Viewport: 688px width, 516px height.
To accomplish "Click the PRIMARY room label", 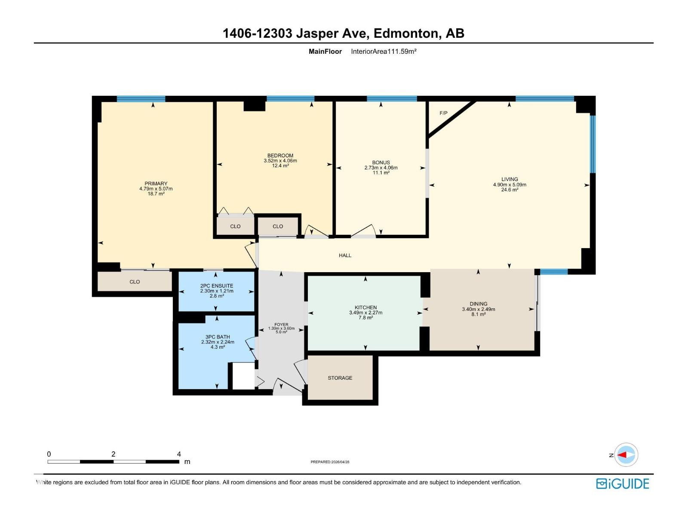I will point(156,184).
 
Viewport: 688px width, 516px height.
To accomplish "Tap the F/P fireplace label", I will point(443,113).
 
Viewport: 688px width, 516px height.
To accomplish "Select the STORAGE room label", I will point(340,378).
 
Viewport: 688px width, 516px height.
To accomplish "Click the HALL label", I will point(345,255).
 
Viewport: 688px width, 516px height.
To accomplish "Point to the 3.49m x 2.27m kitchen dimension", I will point(365,313).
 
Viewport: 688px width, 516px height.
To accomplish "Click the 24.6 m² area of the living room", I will point(510,190).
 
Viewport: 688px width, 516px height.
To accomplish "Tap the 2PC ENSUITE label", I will point(217,286).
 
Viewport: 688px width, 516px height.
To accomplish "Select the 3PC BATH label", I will point(218,337).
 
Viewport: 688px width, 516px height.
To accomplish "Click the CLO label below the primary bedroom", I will point(135,282).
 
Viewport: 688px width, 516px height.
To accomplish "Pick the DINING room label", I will point(478,304).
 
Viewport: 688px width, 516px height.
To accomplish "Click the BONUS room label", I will point(381,163).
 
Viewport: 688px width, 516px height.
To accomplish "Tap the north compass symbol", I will point(626,455).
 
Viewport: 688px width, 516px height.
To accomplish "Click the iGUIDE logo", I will point(622,484).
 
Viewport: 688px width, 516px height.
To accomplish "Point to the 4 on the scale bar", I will point(179,454).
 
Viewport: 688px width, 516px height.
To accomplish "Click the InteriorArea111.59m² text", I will point(384,52).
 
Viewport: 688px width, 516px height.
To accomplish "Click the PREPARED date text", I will point(330,462).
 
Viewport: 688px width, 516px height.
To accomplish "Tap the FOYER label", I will point(281,325).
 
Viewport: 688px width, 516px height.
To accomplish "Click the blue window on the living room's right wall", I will point(593,144).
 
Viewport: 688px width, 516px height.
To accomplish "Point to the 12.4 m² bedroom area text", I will point(280,166).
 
